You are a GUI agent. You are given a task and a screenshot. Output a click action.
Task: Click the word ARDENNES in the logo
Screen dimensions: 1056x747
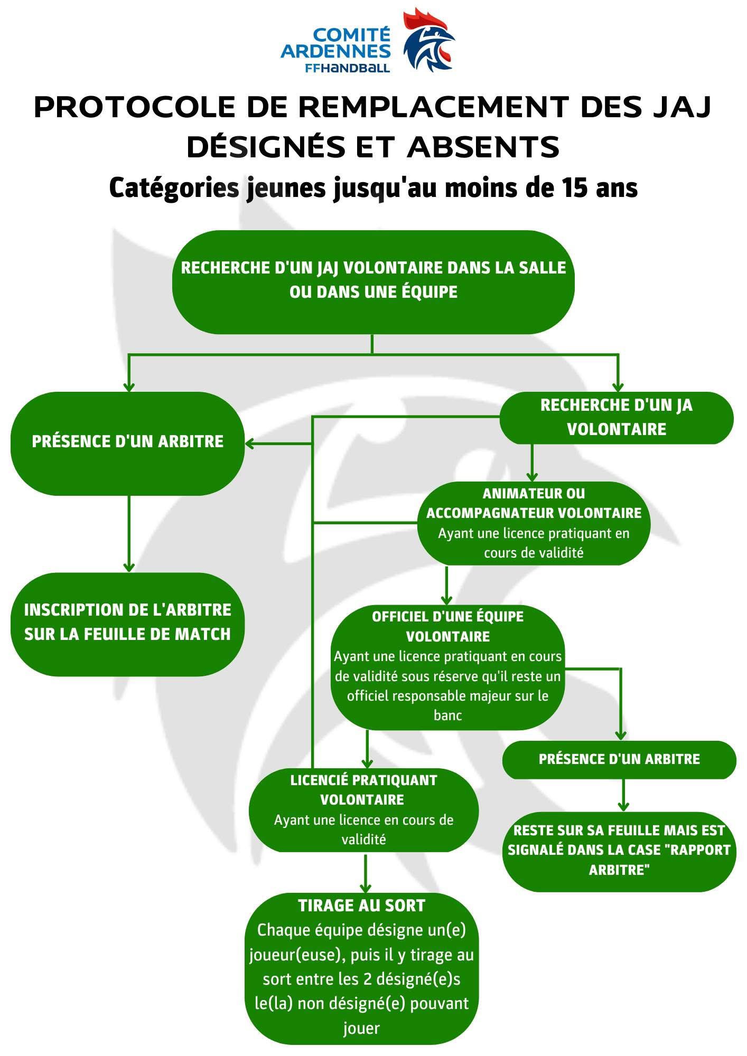point(336,51)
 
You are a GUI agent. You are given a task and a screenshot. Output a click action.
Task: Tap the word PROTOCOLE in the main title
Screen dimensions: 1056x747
point(134,107)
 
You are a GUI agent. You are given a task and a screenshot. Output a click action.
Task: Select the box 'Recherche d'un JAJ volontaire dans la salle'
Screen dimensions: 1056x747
point(373,281)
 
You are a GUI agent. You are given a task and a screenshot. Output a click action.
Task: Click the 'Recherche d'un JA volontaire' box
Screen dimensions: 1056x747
point(616,417)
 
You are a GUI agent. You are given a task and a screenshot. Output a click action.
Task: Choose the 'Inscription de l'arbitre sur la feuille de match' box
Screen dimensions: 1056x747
point(127,623)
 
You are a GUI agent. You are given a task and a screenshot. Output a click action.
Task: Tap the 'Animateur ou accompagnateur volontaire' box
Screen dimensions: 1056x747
point(534,523)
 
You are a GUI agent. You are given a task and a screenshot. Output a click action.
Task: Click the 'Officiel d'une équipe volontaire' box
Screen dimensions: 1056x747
point(447,666)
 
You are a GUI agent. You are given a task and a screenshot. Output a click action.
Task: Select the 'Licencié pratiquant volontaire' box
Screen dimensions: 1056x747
point(363,809)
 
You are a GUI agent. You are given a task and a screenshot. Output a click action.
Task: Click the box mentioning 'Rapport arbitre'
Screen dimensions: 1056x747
point(619,850)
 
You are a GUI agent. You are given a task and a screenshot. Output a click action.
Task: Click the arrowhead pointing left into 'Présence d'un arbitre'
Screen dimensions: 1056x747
point(250,444)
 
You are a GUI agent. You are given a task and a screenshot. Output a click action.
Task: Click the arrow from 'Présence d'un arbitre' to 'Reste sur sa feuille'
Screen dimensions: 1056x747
point(623,795)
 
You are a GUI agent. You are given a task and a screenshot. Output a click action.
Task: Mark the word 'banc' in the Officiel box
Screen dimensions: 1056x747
point(447,715)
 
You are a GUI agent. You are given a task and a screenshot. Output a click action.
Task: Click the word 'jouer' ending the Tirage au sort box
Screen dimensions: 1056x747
point(361,1027)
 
